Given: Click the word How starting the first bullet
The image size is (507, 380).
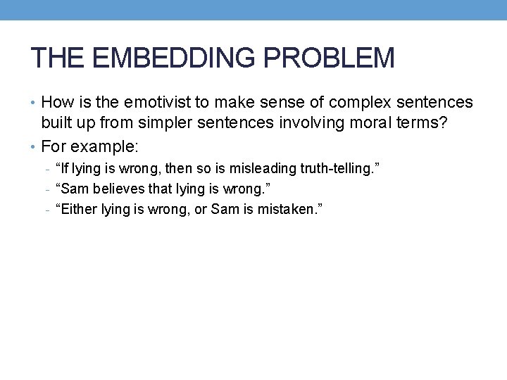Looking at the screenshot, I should [56, 103].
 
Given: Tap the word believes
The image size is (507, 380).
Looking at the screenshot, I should [115, 189].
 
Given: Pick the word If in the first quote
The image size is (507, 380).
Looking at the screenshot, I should [67, 169].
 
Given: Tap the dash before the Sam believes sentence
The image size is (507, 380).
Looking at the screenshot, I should [45, 189].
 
